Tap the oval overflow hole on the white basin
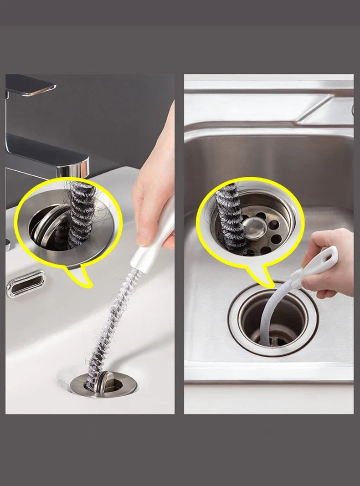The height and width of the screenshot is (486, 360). [x=26, y=283]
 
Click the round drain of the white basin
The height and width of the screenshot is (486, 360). [x=104, y=383]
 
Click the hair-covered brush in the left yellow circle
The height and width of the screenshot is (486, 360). [x=82, y=214]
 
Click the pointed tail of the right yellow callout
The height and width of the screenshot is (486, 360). [x=258, y=278]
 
